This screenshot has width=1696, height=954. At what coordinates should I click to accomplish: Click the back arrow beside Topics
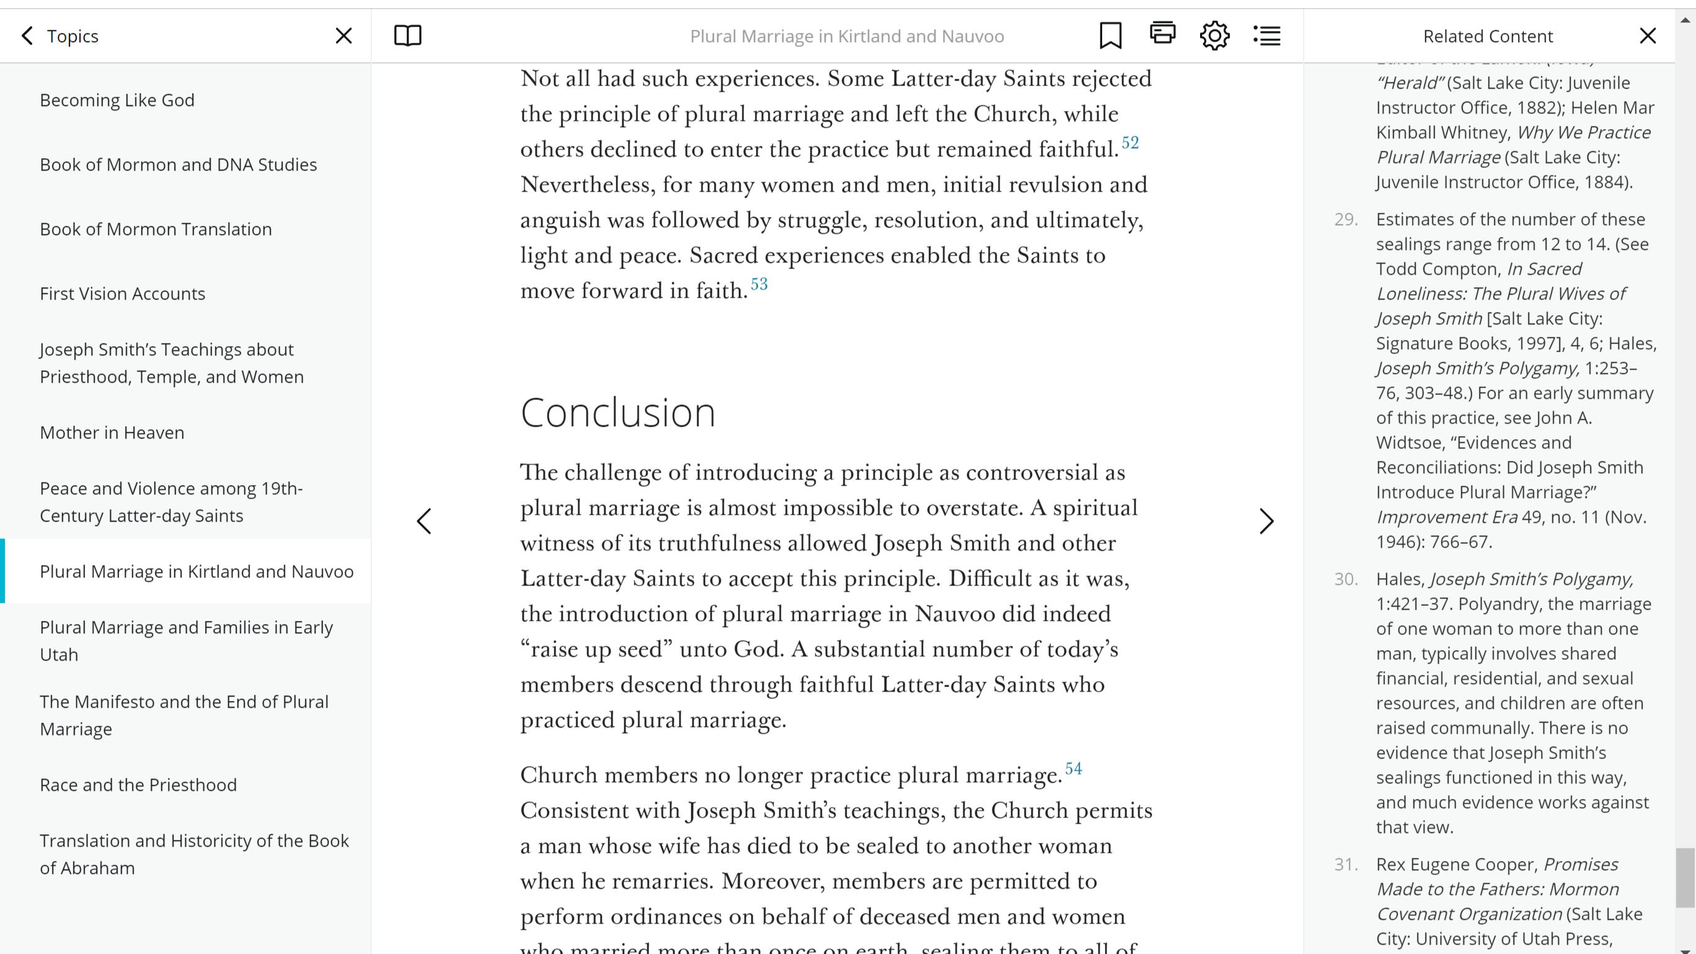[27, 35]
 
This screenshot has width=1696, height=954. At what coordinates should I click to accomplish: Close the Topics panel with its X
[343, 35]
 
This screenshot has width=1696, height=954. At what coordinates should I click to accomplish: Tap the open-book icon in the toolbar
[407, 35]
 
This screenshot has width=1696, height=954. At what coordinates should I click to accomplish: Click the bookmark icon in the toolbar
[1110, 35]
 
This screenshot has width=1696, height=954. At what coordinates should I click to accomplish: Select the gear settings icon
[1214, 35]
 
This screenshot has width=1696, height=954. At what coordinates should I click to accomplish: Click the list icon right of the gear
[1267, 35]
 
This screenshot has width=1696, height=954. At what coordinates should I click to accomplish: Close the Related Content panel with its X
[1647, 35]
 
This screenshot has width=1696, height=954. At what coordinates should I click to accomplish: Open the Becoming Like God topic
[117, 100]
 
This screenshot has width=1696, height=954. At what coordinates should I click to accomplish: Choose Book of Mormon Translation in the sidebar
[156, 230]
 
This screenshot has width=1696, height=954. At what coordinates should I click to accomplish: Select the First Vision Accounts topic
[123, 294]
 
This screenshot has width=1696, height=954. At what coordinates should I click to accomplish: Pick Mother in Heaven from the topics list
[112, 433]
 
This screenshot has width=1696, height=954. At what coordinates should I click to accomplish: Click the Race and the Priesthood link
[138, 785]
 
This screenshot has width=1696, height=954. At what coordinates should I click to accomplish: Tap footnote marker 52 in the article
[1130, 143]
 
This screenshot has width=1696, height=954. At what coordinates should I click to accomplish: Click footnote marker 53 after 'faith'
[759, 285]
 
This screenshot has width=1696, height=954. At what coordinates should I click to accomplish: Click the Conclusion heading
[617, 413]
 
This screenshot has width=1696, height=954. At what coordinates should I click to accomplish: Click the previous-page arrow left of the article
[425, 521]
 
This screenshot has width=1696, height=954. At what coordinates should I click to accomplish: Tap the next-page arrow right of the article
[1266, 521]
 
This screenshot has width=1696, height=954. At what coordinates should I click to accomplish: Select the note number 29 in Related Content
[1346, 220]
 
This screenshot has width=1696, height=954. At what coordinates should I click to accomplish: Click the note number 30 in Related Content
[1346, 579]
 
